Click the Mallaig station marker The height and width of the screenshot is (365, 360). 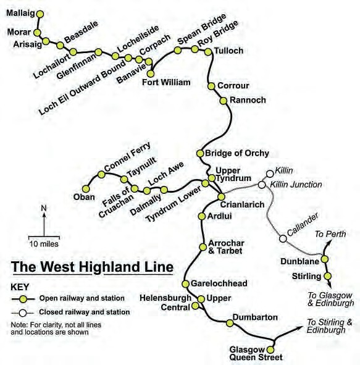pyautogui.click(x=40, y=14)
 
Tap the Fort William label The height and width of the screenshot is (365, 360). pyautogui.click(x=166, y=82)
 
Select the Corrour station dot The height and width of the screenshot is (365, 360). pyautogui.click(x=211, y=86)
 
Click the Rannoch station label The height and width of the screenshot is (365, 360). pyautogui.click(x=248, y=100)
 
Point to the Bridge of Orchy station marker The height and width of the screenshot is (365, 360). pyautogui.click(x=200, y=153)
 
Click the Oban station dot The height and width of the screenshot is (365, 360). pyautogui.click(x=86, y=188)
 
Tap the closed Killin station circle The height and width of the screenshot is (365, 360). pyautogui.click(x=270, y=174)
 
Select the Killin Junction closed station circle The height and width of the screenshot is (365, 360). pyautogui.click(x=262, y=185)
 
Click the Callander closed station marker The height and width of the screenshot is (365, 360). pyautogui.click(x=283, y=238)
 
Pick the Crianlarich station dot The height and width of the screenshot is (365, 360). pyautogui.click(x=221, y=197)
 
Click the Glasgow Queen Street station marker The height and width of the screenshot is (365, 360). pyautogui.click(x=270, y=350)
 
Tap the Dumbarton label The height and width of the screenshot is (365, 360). pyautogui.click(x=255, y=317)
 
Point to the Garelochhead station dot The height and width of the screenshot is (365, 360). pyautogui.click(x=185, y=284)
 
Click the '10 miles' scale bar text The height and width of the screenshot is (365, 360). pyautogui.click(x=44, y=244)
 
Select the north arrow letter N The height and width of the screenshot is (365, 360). pyautogui.click(x=44, y=208)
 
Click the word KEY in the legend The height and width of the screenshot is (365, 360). pyautogui.click(x=20, y=287)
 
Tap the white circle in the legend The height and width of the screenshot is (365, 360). pyautogui.click(x=23, y=313)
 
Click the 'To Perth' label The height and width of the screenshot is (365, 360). pyautogui.click(x=330, y=234)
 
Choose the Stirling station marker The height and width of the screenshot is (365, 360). pyautogui.click(x=328, y=276)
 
